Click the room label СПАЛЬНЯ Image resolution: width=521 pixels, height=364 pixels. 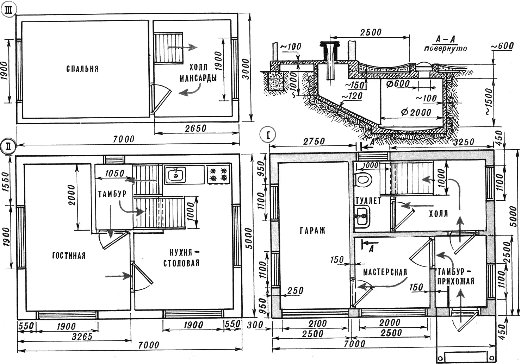tap(82, 69)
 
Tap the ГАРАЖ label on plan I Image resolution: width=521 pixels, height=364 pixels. tap(312, 230)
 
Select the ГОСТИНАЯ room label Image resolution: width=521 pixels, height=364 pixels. tap(69, 256)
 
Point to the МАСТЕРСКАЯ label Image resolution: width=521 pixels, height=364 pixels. tap(385, 272)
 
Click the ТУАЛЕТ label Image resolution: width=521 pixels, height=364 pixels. tap(368, 201)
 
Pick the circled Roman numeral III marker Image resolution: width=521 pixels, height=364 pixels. tap(8, 11)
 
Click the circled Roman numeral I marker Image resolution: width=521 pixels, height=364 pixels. tap(268, 134)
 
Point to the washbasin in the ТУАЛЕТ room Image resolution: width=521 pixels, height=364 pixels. tap(362, 216)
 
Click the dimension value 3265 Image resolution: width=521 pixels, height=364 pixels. tap(82, 336)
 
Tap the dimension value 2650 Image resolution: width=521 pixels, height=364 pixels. tap(196, 128)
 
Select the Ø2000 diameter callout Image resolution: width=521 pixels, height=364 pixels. tap(416, 113)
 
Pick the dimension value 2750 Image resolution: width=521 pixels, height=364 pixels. tap(314, 141)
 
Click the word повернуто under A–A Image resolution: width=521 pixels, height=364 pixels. tap(445, 49)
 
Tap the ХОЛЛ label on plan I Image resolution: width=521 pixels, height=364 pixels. tap(439, 214)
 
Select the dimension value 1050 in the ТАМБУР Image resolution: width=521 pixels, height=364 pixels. tap(115, 174)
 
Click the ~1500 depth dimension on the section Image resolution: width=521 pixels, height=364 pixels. tap(489, 102)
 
